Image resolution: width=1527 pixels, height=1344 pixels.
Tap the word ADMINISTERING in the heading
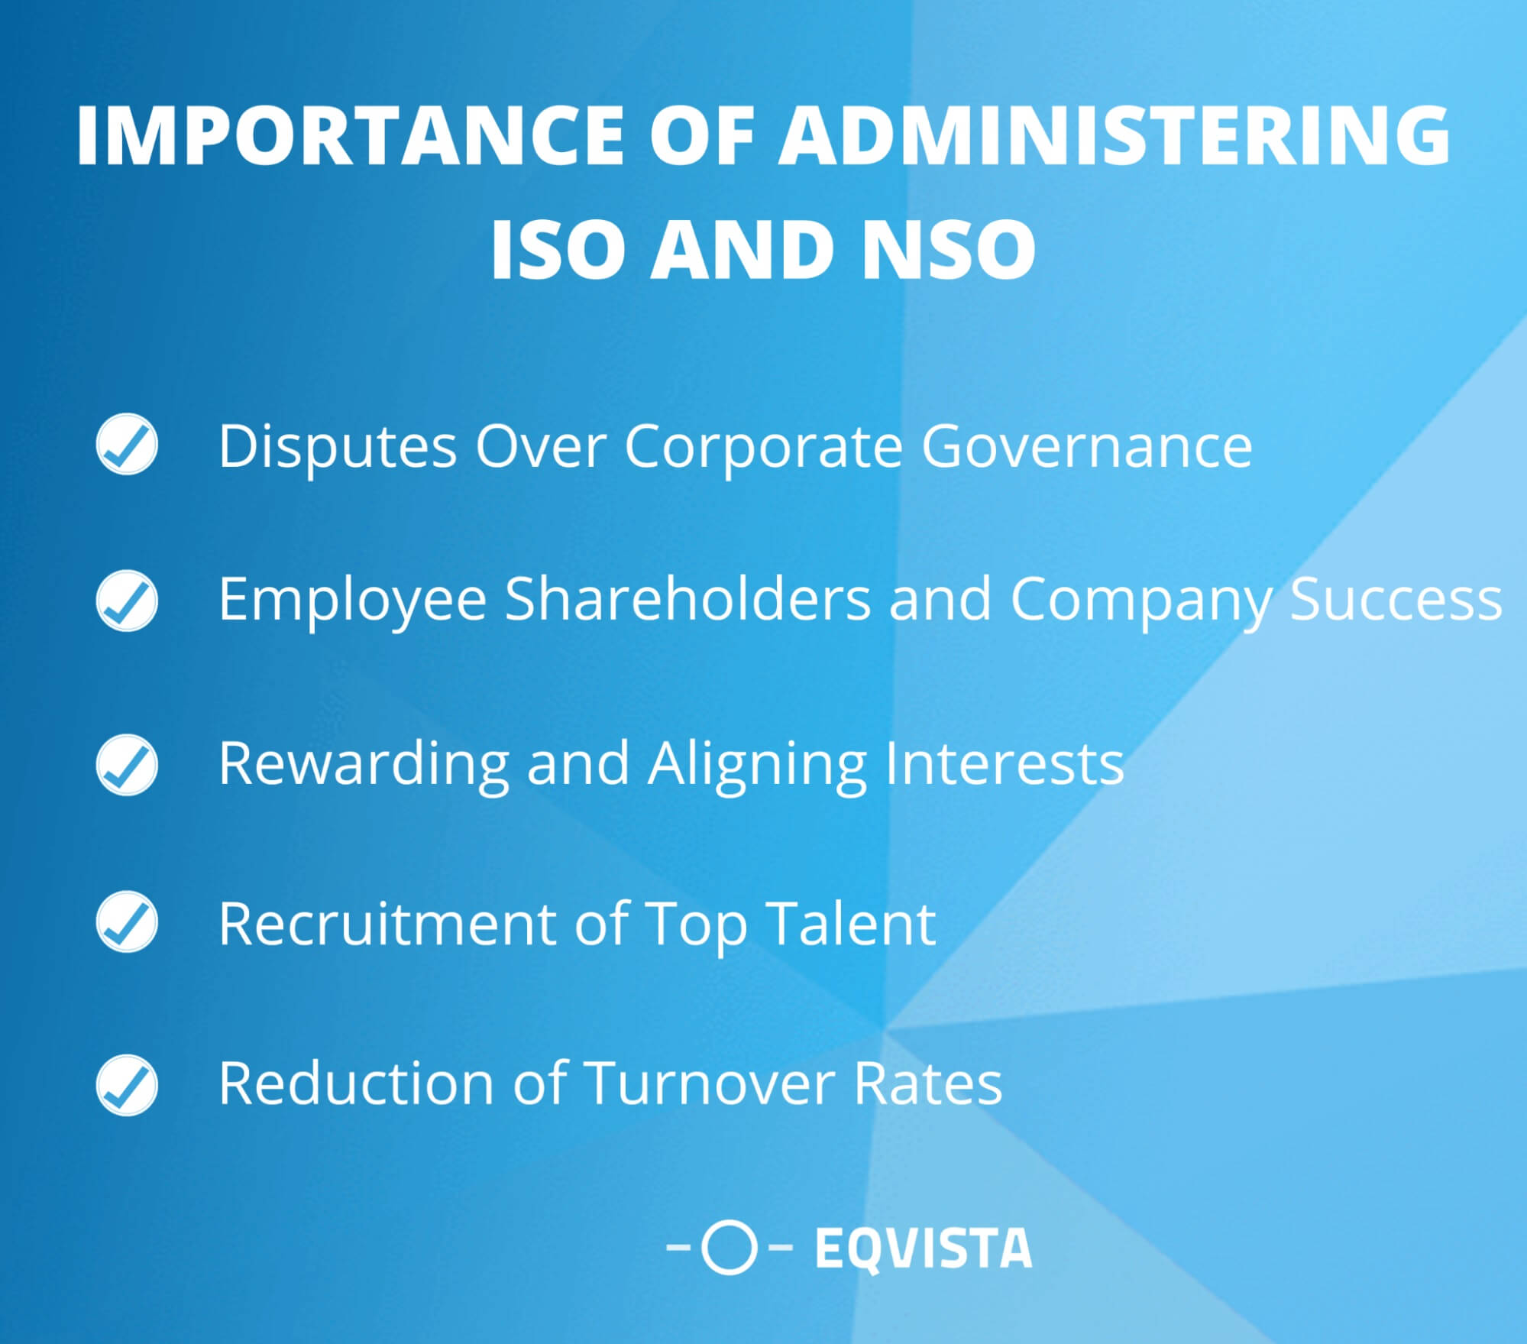click(1114, 135)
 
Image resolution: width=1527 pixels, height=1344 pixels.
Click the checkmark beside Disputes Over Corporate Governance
click(127, 444)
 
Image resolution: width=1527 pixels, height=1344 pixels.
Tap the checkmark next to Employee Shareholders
click(127, 601)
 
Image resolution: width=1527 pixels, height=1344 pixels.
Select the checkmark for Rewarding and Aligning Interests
click(127, 765)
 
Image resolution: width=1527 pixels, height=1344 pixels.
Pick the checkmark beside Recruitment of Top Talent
click(127, 921)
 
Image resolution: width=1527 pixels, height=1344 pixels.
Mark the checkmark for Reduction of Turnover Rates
click(127, 1085)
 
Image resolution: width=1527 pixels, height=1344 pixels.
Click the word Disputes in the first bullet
click(338, 446)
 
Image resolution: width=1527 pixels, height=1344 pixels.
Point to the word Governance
click(1086, 446)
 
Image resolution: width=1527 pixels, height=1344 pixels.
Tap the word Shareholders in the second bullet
click(687, 599)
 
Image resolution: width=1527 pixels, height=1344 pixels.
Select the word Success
click(1396, 599)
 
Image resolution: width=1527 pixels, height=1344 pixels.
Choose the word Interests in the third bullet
click(1004, 763)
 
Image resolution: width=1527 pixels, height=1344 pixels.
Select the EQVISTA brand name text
click(923, 1248)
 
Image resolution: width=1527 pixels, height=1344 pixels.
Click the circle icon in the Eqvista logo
click(729, 1248)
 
